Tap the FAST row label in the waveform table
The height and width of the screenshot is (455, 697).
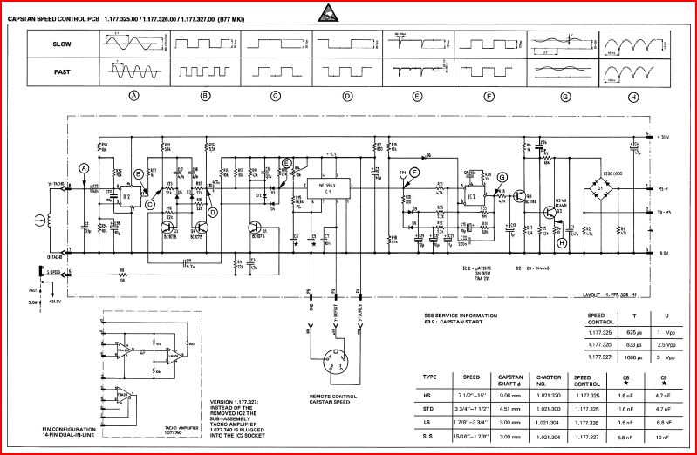(61, 69)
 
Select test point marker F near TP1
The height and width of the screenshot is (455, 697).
(414, 173)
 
